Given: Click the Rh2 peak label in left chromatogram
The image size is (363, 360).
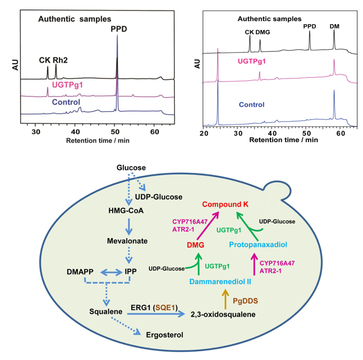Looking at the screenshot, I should pyautogui.click(x=59, y=60).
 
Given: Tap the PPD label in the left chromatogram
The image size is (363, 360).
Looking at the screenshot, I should pyautogui.click(x=119, y=29).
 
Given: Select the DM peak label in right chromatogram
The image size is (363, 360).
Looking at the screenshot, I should pyautogui.click(x=334, y=27).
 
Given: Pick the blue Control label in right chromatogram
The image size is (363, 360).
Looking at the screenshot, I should pyautogui.click(x=251, y=105).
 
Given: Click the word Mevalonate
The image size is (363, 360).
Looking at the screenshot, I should pyautogui.click(x=126, y=241).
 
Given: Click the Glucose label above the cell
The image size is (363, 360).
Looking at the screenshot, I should pyautogui.click(x=131, y=167).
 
